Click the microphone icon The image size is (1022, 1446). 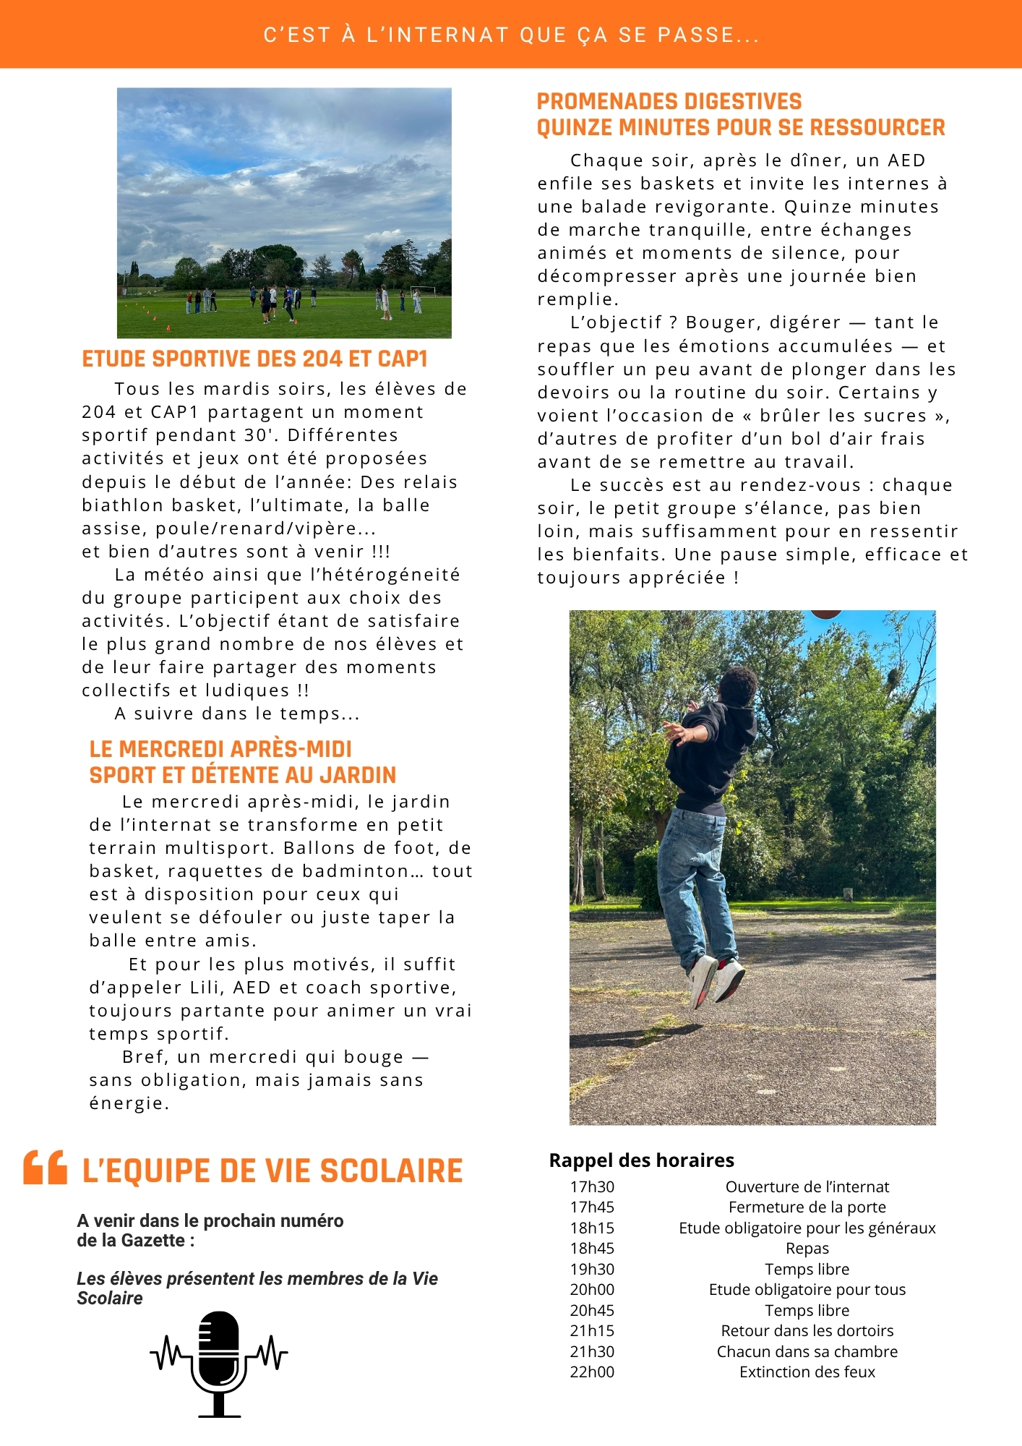(218, 1362)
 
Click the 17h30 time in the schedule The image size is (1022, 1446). (592, 1186)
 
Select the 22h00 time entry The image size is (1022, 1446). (592, 1372)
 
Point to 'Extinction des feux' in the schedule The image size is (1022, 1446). (807, 1372)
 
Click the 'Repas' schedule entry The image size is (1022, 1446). (807, 1248)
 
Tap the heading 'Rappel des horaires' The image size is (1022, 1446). (641, 1160)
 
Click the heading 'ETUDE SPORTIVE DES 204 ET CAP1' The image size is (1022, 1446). (254, 359)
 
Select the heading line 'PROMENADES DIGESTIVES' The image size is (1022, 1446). (669, 101)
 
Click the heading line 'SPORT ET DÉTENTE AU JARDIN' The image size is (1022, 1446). (242, 775)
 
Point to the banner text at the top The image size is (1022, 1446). (511, 35)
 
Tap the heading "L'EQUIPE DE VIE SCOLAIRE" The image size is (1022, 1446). (272, 1171)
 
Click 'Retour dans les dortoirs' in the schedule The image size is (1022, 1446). (807, 1330)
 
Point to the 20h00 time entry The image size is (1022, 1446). (592, 1289)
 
